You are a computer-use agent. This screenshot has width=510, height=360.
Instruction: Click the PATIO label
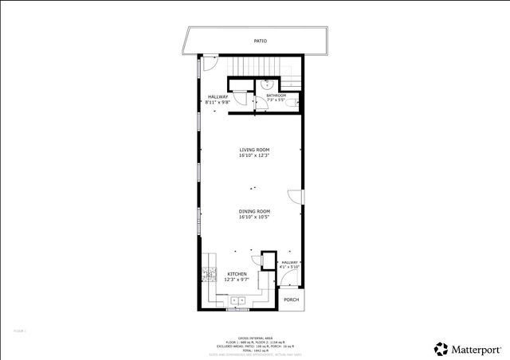261,40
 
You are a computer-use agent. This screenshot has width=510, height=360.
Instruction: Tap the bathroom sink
269,84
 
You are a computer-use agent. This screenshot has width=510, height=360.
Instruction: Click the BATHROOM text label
276,96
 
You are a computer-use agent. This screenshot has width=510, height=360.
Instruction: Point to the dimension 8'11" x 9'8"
218,102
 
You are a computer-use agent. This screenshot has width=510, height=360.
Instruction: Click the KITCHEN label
237,274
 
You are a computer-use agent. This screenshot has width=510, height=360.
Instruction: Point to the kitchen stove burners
210,275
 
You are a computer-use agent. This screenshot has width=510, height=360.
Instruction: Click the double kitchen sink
237,300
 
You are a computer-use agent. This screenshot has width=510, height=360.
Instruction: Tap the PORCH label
292,299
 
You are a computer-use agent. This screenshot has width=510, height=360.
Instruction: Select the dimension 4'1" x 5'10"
289,267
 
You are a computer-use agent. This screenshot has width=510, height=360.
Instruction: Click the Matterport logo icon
440,348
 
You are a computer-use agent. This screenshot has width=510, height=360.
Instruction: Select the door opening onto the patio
210,64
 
